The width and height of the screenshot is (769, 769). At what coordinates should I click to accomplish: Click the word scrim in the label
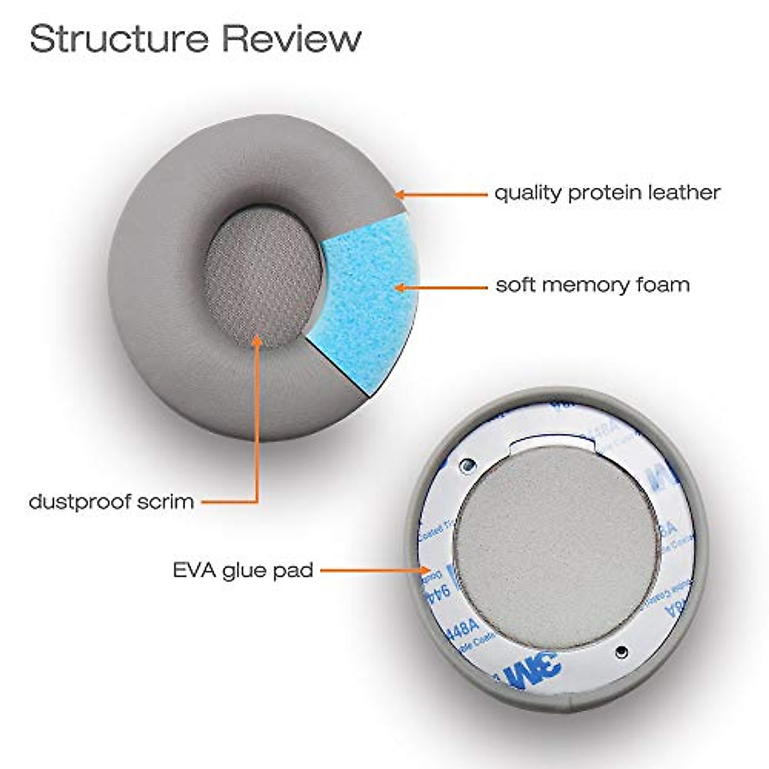pyautogui.click(x=170, y=500)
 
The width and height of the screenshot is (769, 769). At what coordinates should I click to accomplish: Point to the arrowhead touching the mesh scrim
pyautogui.click(x=258, y=340)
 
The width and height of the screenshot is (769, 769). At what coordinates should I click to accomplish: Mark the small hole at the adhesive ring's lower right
pyautogui.click(x=620, y=652)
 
